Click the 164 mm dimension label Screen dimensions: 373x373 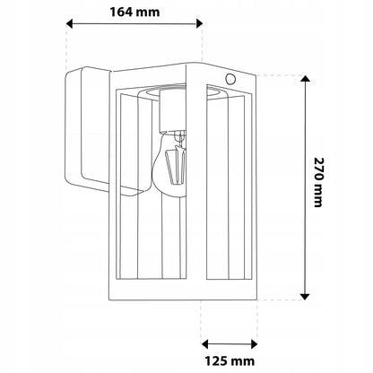coord(134,12)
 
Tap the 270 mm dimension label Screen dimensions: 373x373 coord(318,182)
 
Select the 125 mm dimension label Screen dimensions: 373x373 coord(230,361)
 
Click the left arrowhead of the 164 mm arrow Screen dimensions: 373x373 coord(69,23)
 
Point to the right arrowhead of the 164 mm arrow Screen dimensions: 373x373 coord(199,23)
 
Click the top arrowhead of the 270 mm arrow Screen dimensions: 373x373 coord(305,79)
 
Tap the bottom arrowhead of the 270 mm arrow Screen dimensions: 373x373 coord(305,296)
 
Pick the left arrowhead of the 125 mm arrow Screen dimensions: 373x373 coord(205,344)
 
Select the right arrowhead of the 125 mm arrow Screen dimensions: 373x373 coord(254,344)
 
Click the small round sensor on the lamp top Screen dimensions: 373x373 coord(230,79)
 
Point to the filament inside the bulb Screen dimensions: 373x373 coord(177,164)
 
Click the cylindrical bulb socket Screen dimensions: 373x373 coord(172,110)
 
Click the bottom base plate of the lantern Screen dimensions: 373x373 coord(183,291)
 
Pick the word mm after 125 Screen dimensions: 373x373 coord(244,361)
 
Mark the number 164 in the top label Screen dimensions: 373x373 coord(121,12)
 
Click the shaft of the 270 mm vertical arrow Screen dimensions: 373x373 coord(305,187)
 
